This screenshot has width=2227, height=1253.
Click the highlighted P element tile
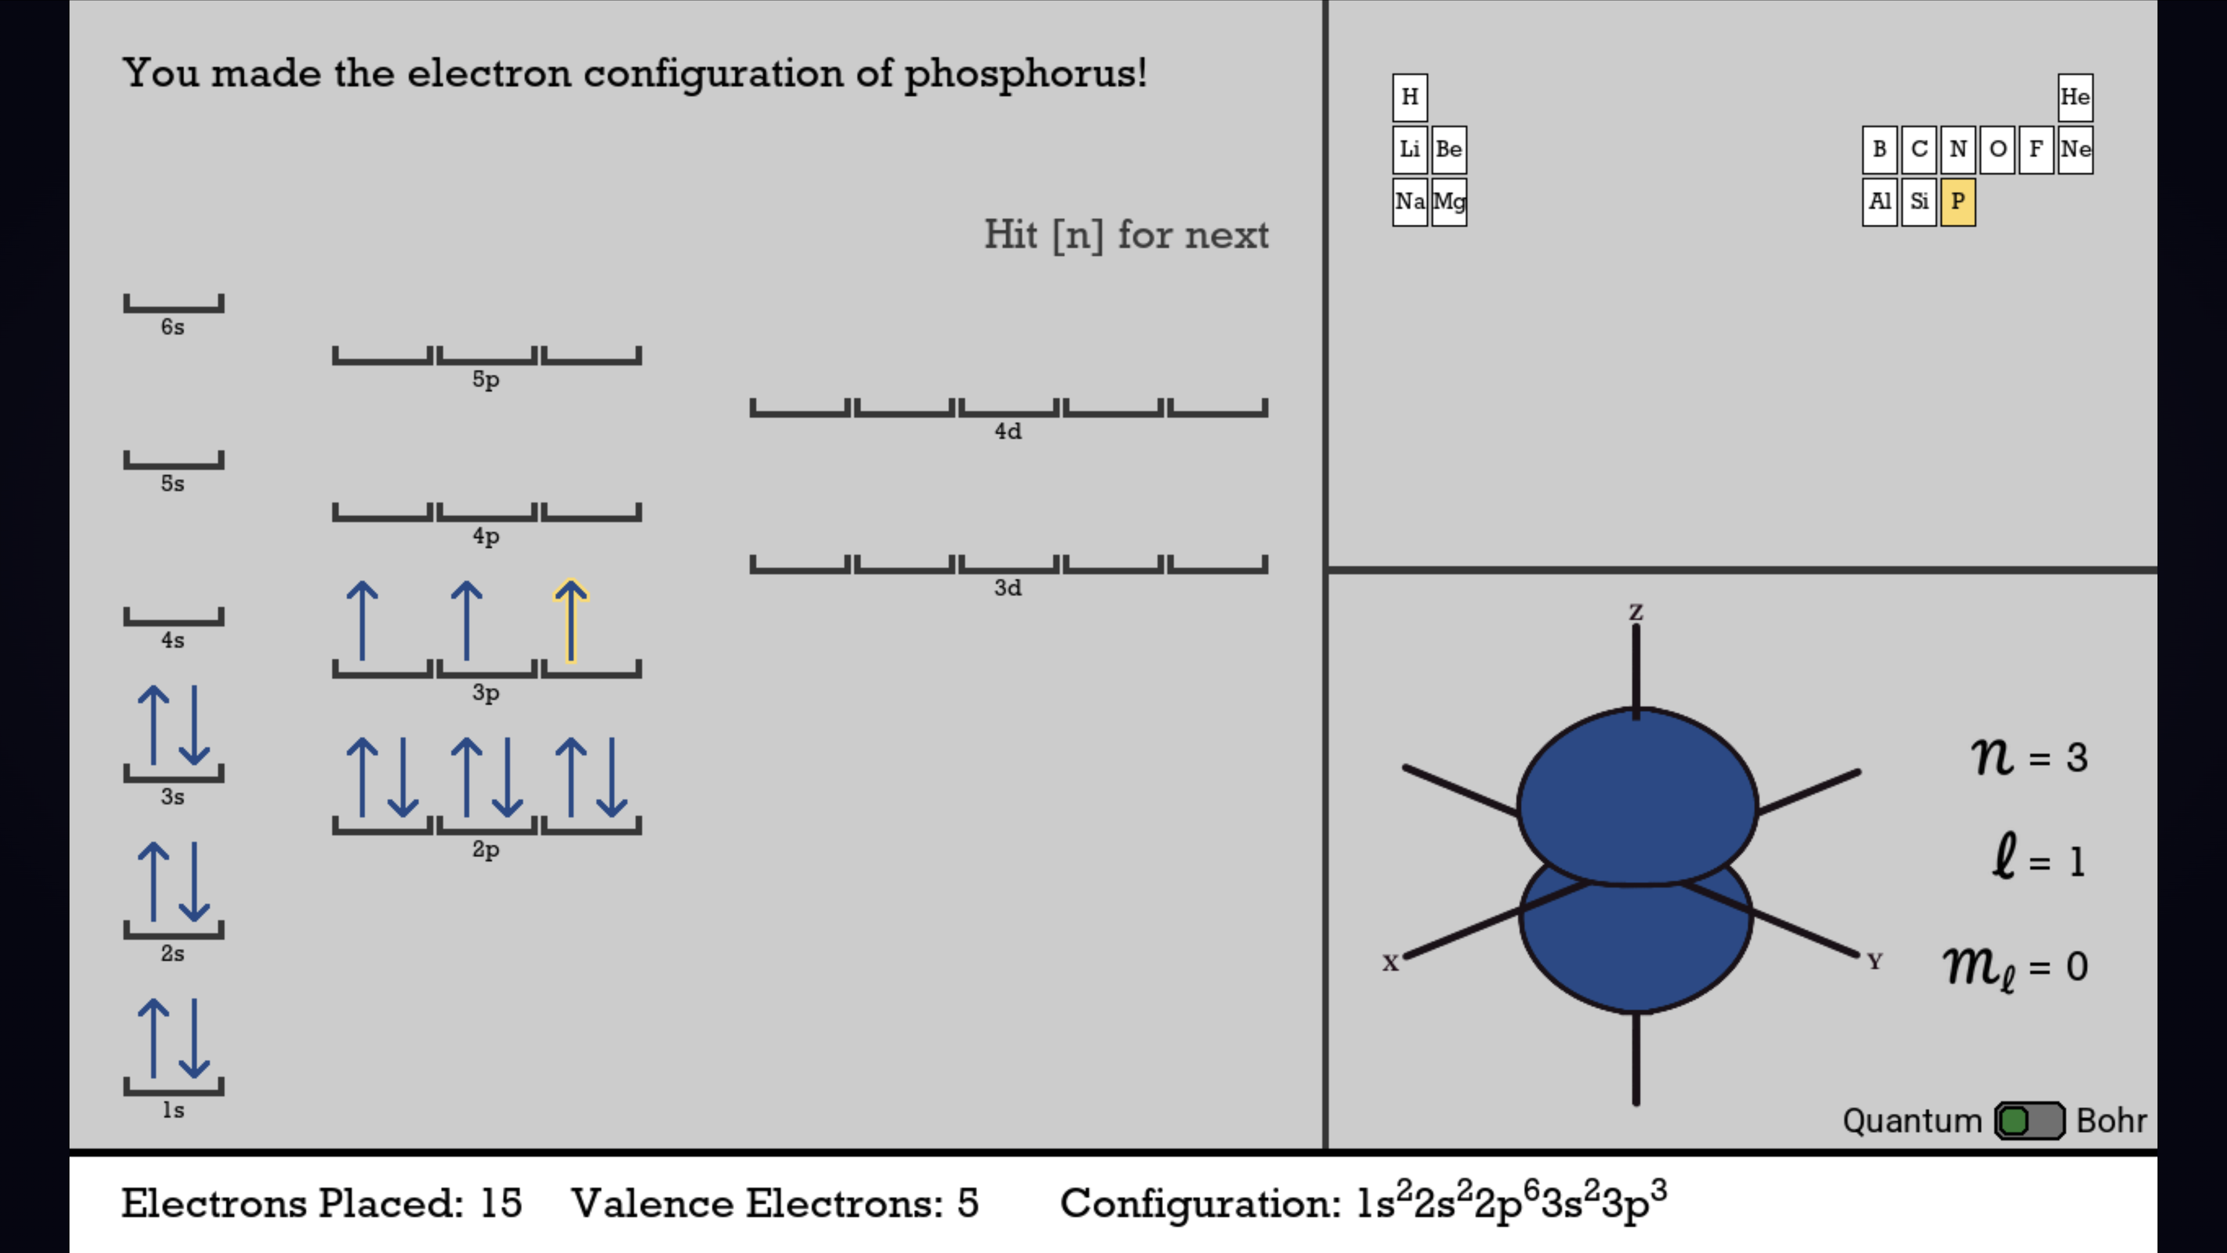point(1958,201)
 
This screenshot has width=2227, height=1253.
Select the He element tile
point(2075,97)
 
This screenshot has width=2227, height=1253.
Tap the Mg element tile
point(1449,201)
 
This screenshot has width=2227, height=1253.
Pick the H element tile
point(1410,97)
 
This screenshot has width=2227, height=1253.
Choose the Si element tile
point(1919,201)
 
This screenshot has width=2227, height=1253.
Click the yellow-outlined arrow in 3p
point(571,621)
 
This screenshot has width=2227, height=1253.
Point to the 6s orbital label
point(173,327)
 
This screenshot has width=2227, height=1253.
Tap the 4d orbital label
point(1008,430)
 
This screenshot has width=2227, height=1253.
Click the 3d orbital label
point(1008,588)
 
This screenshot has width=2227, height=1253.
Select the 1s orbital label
point(173,1110)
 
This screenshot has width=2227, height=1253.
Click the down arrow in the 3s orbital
point(194,726)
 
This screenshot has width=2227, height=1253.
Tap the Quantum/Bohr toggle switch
point(2030,1121)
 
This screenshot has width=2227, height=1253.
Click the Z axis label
point(1635,612)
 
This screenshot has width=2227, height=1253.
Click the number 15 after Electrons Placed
point(502,1204)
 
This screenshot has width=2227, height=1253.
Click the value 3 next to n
point(2077,758)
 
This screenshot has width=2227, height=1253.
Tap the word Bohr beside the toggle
point(2111,1121)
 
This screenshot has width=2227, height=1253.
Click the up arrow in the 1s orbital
point(154,1038)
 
